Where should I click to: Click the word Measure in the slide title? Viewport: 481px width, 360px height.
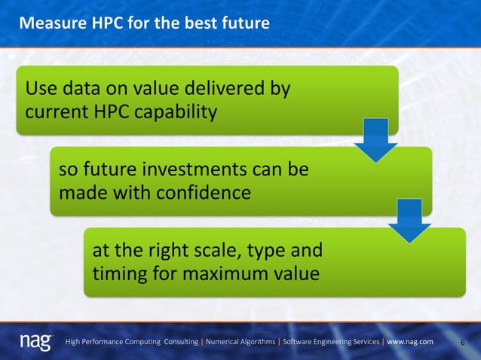point(48,23)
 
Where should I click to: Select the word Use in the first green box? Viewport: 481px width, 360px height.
point(41,90)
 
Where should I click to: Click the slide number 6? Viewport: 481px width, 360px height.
point(462,343)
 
